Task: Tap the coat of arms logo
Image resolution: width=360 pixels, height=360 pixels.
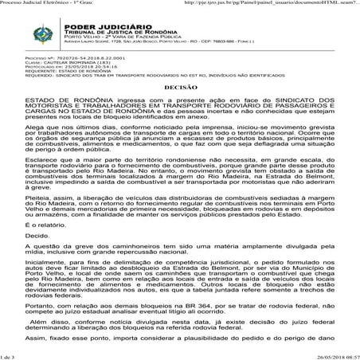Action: tap(37, 36)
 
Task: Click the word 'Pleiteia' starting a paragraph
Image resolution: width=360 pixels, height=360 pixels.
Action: tap(39, 190)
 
